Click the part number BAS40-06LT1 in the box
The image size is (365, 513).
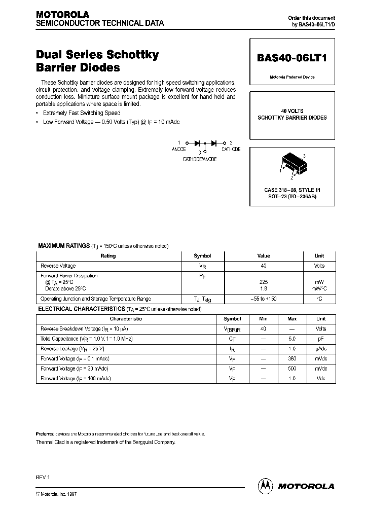[292, 58]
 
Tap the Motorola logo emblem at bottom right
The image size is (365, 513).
[265, 485]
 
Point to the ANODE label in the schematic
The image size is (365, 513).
[178, 150]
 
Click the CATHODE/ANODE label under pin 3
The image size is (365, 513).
[200, 159]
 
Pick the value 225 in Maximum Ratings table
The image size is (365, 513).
[263, 281]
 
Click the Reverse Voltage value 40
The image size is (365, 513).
[263, 266]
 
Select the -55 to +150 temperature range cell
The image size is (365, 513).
[263, 299]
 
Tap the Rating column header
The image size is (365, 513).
[108, 256]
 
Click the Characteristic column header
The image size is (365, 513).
[126, 319]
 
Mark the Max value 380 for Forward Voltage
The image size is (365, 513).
[292, 358]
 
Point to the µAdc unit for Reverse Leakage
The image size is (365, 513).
[321, 348]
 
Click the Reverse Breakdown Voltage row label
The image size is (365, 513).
[81, 328]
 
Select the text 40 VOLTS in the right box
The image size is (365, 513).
[292, 111]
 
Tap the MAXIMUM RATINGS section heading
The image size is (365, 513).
[64, 246]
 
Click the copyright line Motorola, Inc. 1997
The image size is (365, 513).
[56, 494]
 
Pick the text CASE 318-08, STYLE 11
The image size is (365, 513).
[292, 190]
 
